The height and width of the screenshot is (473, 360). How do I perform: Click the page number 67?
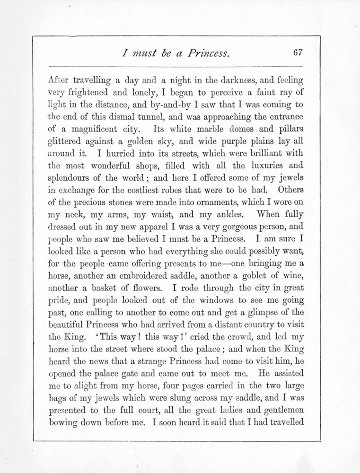point(297,53)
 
